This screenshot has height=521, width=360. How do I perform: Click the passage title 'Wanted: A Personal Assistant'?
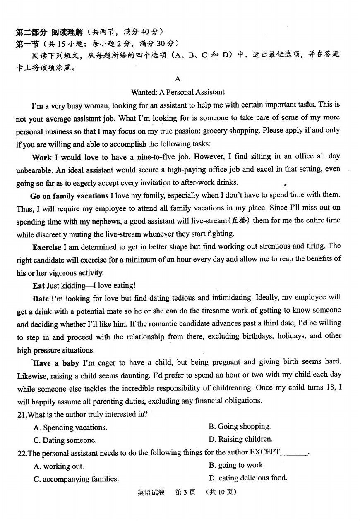(178, 92)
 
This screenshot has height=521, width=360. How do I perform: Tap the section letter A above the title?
(178, 79)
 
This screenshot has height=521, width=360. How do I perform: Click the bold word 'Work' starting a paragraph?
(42, 157)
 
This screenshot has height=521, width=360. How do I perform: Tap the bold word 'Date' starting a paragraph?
(41, 298)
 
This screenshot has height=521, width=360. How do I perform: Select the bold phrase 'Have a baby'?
(56, 363)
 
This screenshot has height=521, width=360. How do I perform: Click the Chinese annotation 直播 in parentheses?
(240, 220)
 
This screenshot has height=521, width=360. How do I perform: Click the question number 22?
(22, 453)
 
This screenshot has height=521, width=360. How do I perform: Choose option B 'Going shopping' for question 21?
(240, 426)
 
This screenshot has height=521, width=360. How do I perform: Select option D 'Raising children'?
(240, 439)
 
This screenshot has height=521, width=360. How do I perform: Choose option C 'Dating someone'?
(65, 440)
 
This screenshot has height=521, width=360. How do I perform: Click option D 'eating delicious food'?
(248, 478)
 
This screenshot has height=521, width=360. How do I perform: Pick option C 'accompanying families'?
(76, 479)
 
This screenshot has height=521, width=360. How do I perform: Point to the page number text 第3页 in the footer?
(185, 492)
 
